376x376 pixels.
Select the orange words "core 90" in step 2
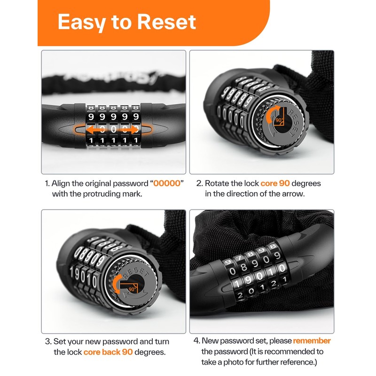coord(274,184)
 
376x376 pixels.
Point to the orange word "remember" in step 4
coord(312,341)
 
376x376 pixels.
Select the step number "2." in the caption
coord(199,184)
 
